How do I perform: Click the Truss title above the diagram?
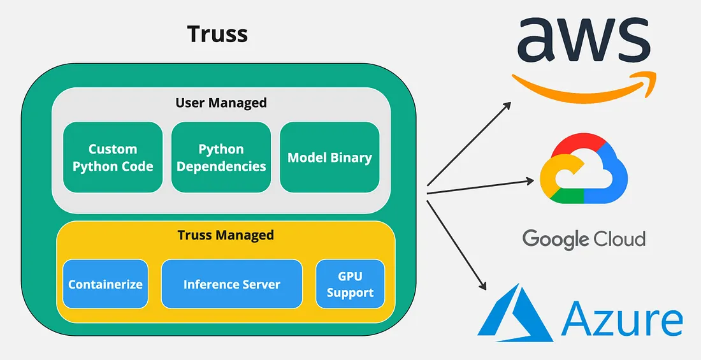point(217,34)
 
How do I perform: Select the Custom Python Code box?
point(113,157)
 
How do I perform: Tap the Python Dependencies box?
point(221,157)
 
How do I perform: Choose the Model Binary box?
point(329,157)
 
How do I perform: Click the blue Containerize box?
point(105,284)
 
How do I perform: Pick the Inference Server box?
point(231,284)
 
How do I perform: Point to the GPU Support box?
point(350,284)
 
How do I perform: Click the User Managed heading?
point(221,102)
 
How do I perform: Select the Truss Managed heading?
point(226,234)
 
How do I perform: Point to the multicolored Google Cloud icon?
point(583,169)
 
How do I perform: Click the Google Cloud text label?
point(584,239)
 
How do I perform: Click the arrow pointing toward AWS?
point(468,143)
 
